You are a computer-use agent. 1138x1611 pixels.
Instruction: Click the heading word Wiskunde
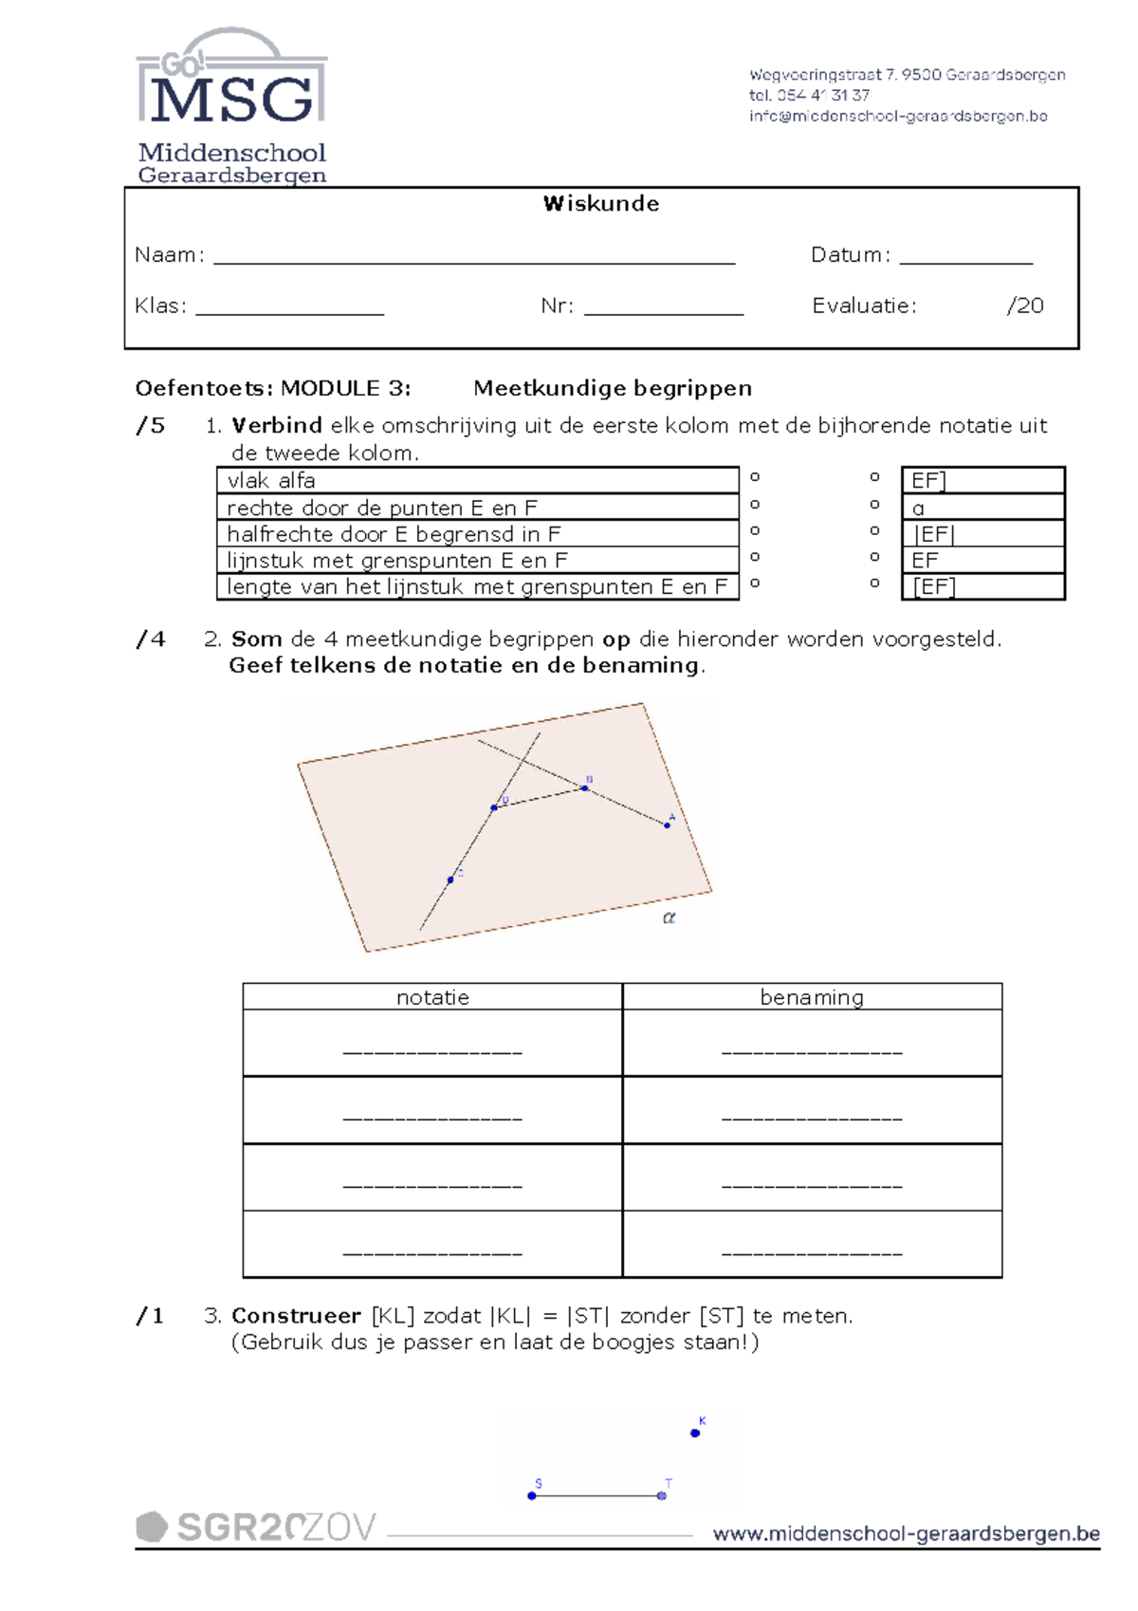click(x=600, y=203)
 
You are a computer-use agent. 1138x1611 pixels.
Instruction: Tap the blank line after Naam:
click(x=474, y=257)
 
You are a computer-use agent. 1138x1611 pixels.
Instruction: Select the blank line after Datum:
click(x=965, y=257)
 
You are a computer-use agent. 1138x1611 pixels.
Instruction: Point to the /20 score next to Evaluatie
click(x=1024, y=306)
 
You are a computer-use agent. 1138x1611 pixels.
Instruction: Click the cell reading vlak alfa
click(x=477, y=480)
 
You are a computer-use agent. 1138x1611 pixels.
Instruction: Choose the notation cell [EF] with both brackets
click(x=982, y=587)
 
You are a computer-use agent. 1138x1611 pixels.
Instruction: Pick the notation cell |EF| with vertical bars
click(x=982, y=534)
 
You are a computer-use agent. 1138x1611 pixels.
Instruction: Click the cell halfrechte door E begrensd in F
click(x=477, y=534)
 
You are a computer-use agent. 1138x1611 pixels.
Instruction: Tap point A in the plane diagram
click(x=668, y=825)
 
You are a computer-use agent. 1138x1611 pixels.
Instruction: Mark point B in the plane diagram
click(x=585, y=787)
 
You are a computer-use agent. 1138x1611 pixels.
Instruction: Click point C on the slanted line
click(x=450, y=880)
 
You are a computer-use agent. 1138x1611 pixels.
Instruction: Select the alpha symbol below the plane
click(x=669, y=917)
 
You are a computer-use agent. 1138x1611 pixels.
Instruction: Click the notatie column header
click(x=432, y=997)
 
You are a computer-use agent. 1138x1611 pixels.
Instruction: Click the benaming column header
click(x=812, y=997)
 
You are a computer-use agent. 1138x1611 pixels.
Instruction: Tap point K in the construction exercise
click(x=695, y=1433)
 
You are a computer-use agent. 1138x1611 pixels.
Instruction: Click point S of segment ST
click(x=532, y=1495)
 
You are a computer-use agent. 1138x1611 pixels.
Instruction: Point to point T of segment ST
click(x=662, y=1495)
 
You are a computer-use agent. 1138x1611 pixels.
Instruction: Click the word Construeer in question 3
click(x=296, y=1316)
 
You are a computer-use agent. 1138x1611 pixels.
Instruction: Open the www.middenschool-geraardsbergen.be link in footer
click(x=906, y=1534)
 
